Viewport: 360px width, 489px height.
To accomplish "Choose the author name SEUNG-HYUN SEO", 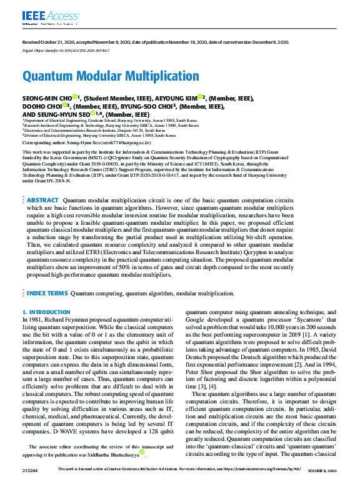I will point(64,114).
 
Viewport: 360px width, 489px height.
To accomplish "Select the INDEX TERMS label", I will point(47,292).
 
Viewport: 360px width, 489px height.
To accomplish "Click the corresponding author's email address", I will point(132,142).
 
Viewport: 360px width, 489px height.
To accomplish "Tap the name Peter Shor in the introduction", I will point(201,371).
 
